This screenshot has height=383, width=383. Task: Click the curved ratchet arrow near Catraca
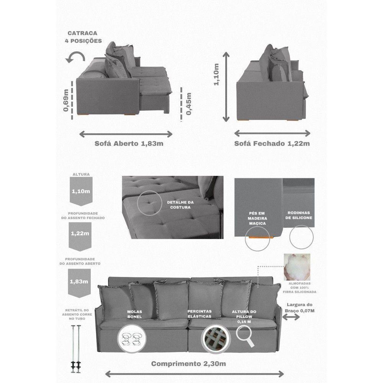76,56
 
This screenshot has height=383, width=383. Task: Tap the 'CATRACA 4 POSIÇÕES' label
83,37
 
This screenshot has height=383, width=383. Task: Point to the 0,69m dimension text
66,100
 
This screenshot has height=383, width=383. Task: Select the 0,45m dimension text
189,104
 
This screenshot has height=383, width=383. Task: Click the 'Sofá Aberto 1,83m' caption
129,143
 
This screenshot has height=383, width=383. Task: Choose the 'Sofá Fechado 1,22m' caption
272,143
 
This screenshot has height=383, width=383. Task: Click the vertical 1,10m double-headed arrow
226,87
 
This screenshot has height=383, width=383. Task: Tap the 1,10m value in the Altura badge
81,191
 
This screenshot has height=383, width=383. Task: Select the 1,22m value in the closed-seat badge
80,234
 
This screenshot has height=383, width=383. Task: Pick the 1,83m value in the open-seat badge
79,282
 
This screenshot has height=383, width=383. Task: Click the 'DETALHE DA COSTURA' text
180,205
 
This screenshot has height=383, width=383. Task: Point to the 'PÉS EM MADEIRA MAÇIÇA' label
257,218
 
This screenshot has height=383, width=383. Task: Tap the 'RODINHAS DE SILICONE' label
298,215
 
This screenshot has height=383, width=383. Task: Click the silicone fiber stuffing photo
297,267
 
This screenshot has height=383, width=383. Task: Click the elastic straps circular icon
216,339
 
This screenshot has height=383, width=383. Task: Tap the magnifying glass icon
245,337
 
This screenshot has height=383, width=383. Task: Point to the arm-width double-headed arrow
291,317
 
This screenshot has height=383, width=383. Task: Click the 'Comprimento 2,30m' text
188,364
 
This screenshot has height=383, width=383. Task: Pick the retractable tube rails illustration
76,349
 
